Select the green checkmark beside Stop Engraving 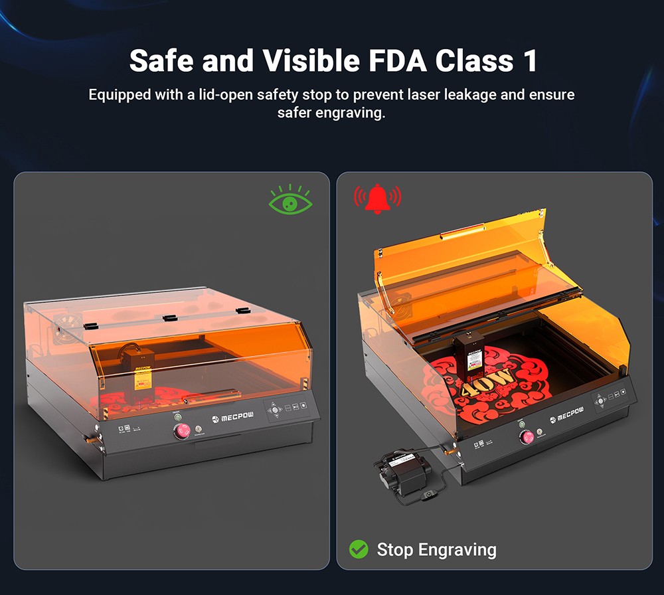click(x=359, y=549)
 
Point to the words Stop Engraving click(x=436, y=549)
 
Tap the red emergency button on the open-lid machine click(x=527, y=436)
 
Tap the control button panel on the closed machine click(x=288, y=409)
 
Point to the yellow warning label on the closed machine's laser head click(x=142, y=381)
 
